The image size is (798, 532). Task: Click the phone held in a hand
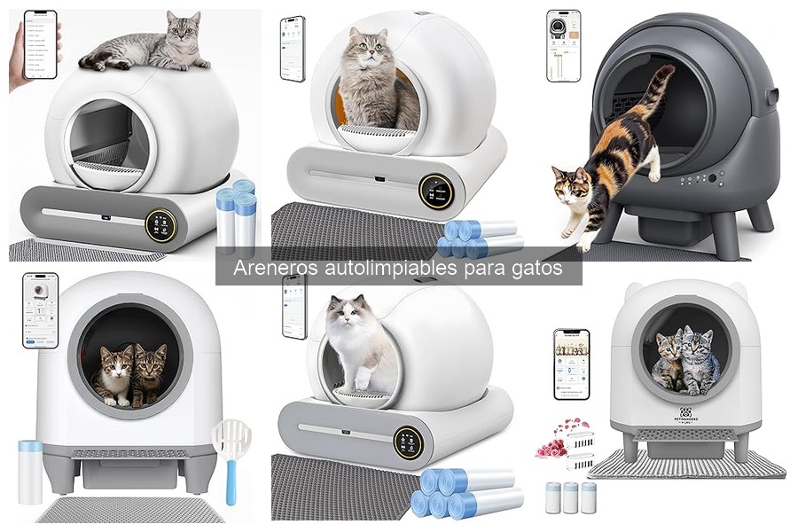(x=40, y=44)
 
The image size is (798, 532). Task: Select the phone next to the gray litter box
(x=563, y=45)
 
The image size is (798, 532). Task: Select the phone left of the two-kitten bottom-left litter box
(x=39, y=309)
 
